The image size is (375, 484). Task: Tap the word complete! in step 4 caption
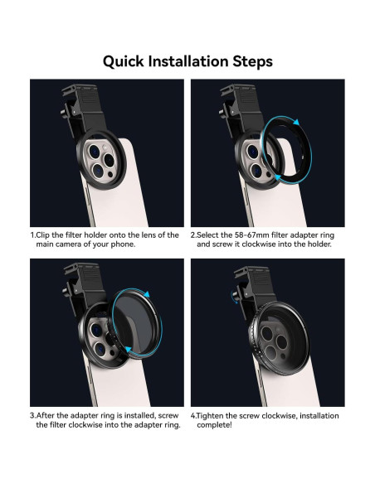pos(214,425)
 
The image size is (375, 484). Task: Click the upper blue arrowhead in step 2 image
pos(296,122)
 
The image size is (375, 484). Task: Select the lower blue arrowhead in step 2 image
pos(278,177)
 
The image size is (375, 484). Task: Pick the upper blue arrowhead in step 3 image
pos(147,294)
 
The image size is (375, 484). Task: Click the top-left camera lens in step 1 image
pos(94,151)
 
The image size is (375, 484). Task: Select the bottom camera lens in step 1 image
pos(98,170)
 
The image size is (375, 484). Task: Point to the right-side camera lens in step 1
pos(109,159)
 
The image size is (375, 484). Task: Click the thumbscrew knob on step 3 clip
pos(65,290)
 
